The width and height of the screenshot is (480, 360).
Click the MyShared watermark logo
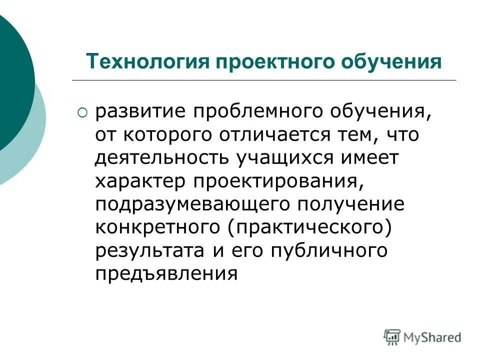pyautogui.click(x=422, y=337)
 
